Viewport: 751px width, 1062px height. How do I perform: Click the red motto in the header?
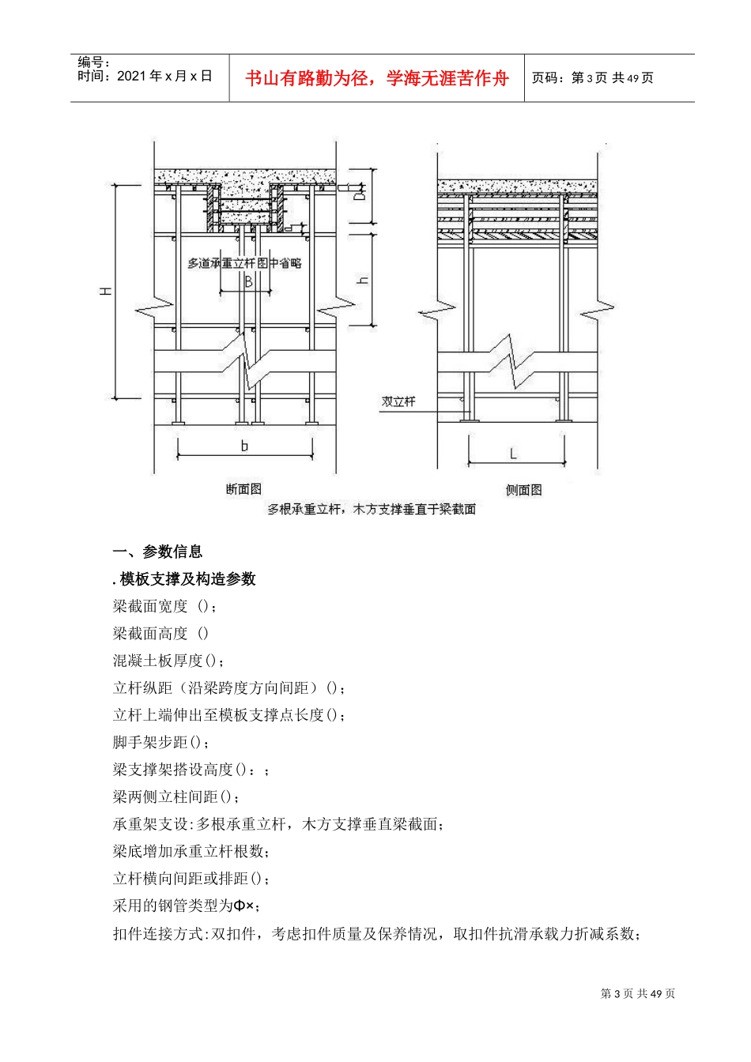[x=376, y=78]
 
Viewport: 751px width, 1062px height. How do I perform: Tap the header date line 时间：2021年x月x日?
[x=145, y=76]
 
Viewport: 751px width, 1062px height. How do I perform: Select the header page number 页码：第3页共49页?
[x=592, y=77]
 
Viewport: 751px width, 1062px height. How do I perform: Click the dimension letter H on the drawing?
[x=106, y=292]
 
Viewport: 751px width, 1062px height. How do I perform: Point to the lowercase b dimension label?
[x=244, y=446]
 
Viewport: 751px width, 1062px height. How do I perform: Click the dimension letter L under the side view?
[x=513, y=454]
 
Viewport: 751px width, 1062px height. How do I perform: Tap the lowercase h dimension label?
[x=364, y=279]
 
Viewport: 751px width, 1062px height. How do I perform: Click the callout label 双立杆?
[x=398, y=401]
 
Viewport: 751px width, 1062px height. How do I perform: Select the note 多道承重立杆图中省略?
[x=244, y=263]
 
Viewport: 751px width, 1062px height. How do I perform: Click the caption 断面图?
[x=243, y=490]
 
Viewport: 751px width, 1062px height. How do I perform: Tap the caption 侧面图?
[x=523, y=490]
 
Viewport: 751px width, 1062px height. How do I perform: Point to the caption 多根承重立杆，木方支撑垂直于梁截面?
[x=372, y=510]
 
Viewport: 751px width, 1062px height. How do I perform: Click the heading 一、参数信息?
[x=158, y=552]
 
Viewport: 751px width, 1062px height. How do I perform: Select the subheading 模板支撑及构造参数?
[x=187, y=579]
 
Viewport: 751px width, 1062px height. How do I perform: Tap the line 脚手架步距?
[x=161, y=742]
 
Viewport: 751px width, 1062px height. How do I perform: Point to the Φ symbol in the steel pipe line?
[x=238, y=906]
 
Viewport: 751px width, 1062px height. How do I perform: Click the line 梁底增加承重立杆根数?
[x=192, y=851]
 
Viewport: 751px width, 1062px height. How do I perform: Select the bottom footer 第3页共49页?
[x=638, y=993]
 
